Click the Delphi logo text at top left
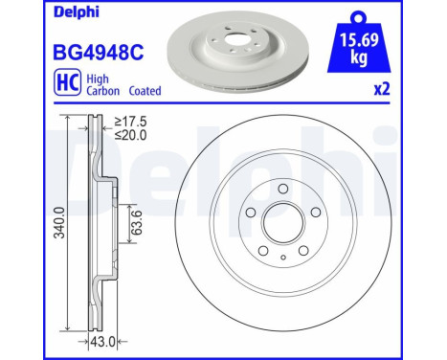click(77, 12)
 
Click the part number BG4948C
click(99, 53)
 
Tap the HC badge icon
click(67, 82)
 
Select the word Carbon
click(103, 91)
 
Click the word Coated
click(145, 91)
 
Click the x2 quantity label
click(382, 89)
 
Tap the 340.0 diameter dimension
click(59, 222)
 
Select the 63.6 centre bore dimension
click(137, 222)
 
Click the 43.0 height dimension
click(102, 342)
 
